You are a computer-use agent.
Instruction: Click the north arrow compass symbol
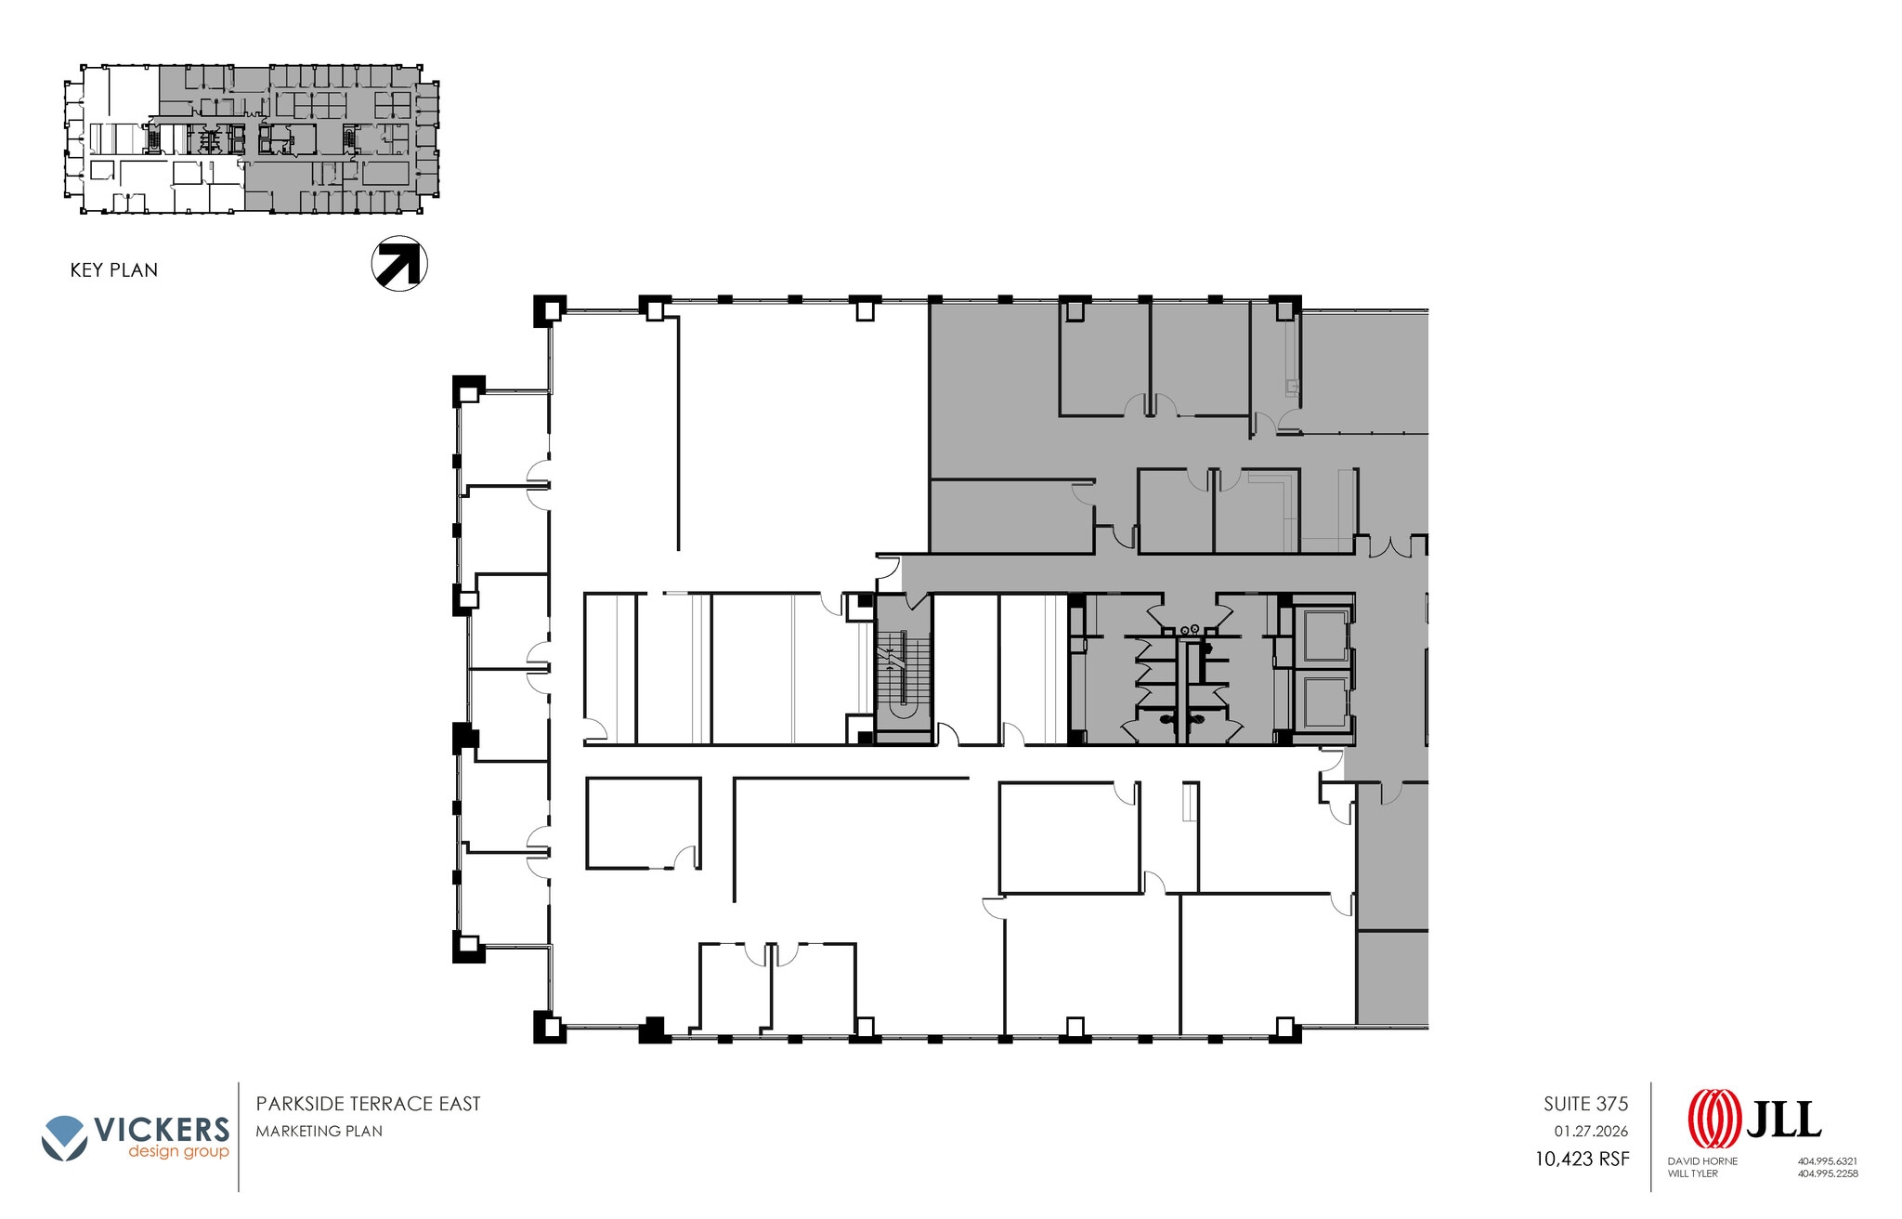coord(399,263)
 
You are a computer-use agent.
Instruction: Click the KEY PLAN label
coord(114,270)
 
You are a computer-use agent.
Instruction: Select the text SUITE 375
coord(1585,1104)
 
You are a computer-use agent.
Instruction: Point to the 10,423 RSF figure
coord(1582,1159)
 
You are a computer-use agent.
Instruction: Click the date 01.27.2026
coord(1591,1132)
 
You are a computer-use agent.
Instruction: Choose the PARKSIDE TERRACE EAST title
coord(369,1104)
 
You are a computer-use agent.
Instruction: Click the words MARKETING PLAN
coord(319,1131)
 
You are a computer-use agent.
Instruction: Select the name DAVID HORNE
coord(1702,1161)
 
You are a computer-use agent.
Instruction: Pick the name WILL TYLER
coord(1693,1173)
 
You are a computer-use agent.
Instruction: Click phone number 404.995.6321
coord(1827,1161)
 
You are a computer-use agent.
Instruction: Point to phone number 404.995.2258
coord(1827,1173)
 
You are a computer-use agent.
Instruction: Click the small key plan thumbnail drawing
coord(251,139)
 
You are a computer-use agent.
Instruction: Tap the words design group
coord(178,1153)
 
